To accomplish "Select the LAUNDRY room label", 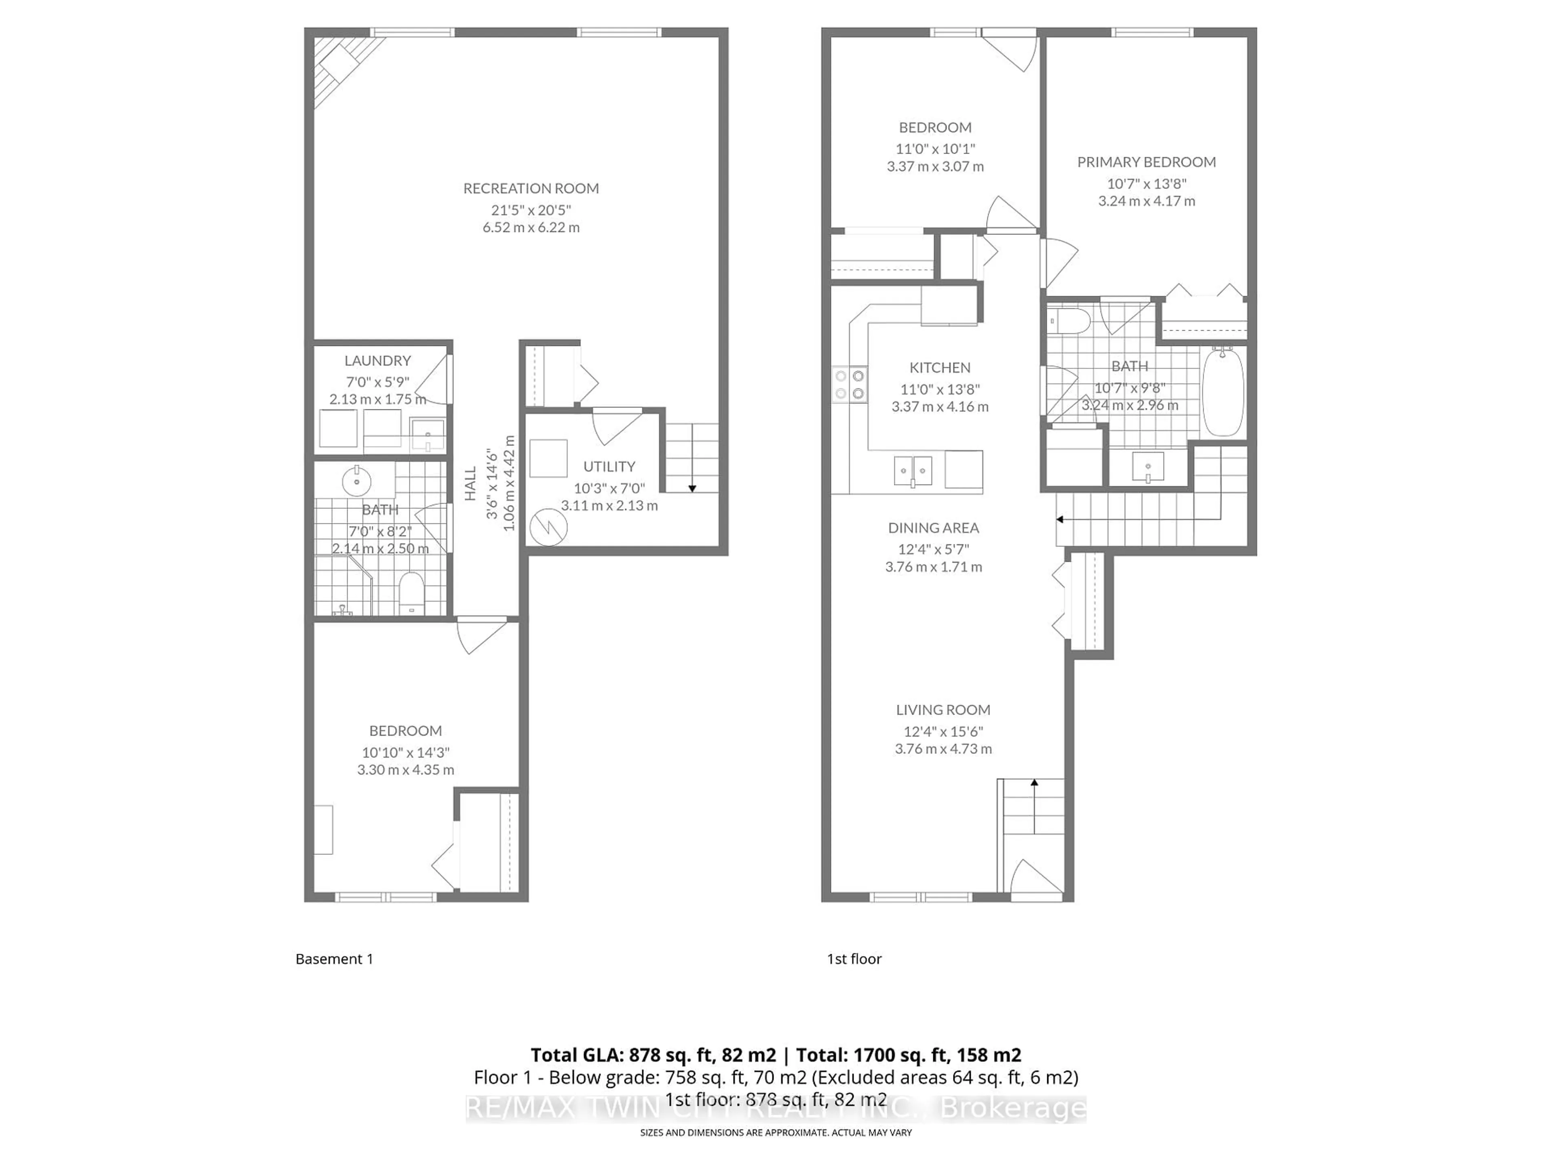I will pos(377,361).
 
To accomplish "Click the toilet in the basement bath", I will pos(411,593).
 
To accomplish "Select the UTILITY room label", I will pos(609,466).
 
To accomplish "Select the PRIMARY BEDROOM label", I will pos(1147,162).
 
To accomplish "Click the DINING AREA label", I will pos(933,527).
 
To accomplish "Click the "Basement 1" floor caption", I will pos(334,959).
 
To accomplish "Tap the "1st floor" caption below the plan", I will pos(854,959).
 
